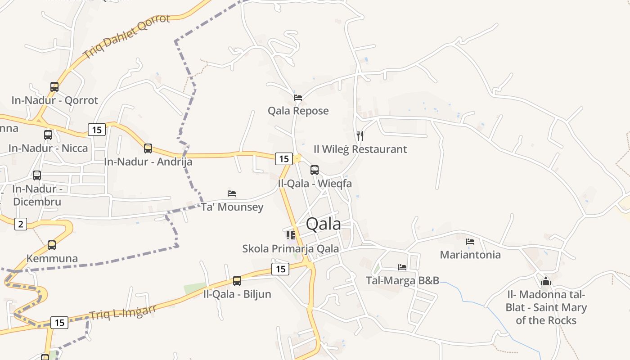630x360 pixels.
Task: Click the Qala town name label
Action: (323, 224)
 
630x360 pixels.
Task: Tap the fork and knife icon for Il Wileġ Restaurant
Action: (360, 135)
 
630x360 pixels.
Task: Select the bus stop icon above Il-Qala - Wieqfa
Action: (315, 170)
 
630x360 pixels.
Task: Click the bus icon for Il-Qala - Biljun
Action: (237, 281)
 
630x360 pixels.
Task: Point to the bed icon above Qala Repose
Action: (297, 97)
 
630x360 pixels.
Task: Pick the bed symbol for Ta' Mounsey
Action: (232, 193)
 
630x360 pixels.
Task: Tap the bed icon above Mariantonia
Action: (470, 242)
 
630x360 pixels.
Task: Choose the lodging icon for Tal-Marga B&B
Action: (402, 267)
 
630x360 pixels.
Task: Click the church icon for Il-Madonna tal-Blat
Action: (546, 282)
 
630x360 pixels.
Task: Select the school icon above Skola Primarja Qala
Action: (291, 235)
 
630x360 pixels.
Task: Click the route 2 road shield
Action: (20, 224)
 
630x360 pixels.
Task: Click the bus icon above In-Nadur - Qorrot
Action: (54, 87)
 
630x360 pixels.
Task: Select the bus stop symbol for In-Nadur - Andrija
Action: (148, 148)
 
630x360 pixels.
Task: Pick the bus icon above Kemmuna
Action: (52, 245)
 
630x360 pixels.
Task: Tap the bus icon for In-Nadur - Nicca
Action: (48, 135)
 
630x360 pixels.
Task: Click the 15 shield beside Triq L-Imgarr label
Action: (59, 322)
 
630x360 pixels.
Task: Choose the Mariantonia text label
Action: (470, 255)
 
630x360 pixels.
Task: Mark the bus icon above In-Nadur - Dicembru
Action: (37, 175)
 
